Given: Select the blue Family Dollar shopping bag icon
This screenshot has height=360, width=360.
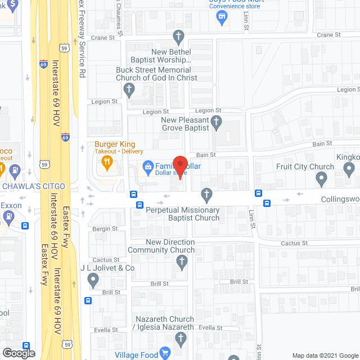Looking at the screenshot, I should tap(148, 166).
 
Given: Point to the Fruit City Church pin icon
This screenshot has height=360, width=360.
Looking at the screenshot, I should tap(321, 179).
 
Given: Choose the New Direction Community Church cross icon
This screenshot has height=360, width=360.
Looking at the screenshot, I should tap(181, 261).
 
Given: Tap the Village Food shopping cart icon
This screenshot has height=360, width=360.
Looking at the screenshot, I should tap(165, 353).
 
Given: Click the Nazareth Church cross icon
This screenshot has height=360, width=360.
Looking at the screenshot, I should tap(180, 339).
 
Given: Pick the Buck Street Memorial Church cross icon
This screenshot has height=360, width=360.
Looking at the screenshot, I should tap(129, 89).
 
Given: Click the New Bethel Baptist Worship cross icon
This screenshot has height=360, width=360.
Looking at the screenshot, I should tap(178, 38).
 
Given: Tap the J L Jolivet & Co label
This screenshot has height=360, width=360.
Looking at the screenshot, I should tap(107, 268).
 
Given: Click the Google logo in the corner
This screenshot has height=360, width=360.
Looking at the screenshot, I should tap(18, 353).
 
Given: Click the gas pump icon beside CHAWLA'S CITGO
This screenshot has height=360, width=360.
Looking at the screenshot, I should tap(15, 169).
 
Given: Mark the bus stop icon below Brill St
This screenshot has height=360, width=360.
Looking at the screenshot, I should tap(88, 300).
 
